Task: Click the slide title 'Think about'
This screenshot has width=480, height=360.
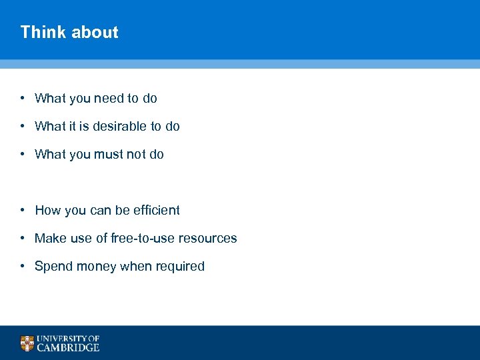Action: point(69,32)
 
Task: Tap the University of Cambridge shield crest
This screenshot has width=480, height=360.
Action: point(27,343)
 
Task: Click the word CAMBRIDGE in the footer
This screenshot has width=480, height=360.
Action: point(68,347)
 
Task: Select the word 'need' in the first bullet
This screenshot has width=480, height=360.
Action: point(109,99)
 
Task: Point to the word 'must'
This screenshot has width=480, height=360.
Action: point(110,155)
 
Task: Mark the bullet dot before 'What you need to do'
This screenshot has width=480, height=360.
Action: point(22,98)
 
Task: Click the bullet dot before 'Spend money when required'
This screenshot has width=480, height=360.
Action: point(22,266)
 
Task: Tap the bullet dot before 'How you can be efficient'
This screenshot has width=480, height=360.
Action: point(22,210)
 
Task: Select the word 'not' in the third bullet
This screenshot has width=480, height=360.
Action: point(136,155)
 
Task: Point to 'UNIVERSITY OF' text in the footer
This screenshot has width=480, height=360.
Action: point(68,339)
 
